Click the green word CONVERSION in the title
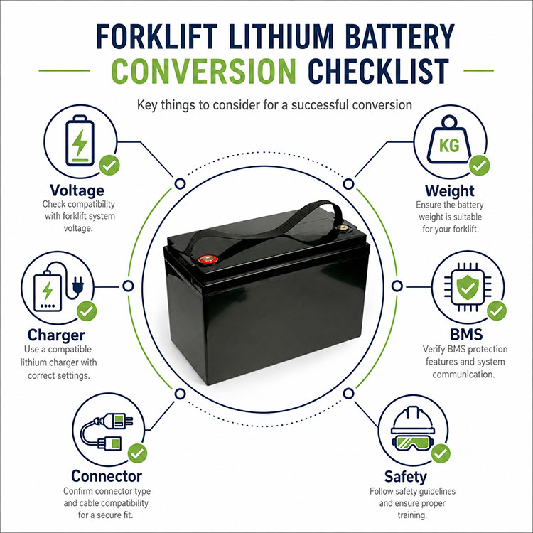click(204, 71)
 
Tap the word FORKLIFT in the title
click(157, 36)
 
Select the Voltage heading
click(77, 190)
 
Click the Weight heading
click(449, 191)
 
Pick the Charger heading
click(56, 335)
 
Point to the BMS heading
click(466, 335)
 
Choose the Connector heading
click(107, 476)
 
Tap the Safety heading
click(405, 477)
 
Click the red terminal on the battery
click(208, 259)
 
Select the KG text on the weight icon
click(449, 146)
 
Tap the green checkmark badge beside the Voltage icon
click(109, 165)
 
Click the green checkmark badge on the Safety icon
click(441, 453)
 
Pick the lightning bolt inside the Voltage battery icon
click(80, 143)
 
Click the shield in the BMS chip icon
click(468, 287)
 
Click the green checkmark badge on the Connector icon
click(137, 453)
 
